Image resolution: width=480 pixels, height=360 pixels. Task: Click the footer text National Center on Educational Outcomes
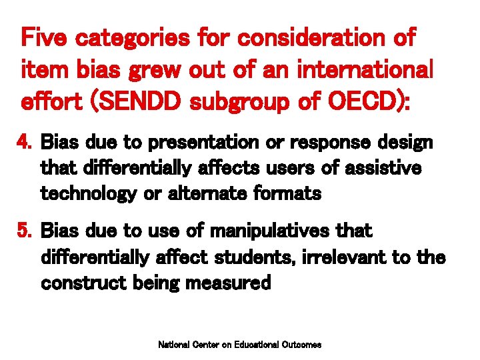point(239,345)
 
